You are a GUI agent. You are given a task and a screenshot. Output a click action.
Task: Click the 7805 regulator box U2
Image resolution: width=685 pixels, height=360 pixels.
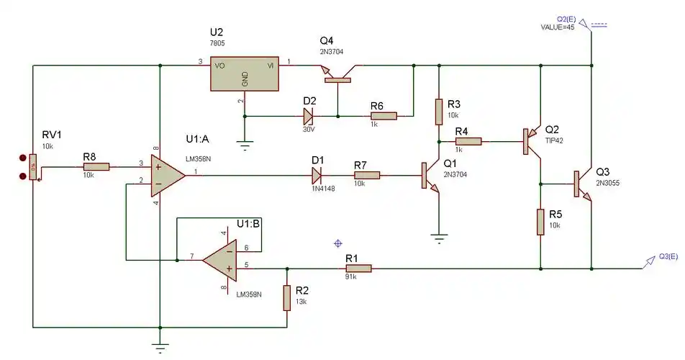(245, 74)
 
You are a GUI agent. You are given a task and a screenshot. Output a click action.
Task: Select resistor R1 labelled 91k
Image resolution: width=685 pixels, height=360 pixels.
(358, 269)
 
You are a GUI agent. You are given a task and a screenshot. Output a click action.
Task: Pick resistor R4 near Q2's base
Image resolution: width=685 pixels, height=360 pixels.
(468, 142)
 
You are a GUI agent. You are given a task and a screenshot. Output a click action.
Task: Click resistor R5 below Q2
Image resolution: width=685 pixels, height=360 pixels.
(540, 222)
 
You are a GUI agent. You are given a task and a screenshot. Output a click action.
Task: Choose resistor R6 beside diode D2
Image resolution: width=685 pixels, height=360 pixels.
(384, 115)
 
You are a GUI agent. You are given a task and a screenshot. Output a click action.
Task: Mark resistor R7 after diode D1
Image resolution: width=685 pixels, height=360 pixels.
(367, 174)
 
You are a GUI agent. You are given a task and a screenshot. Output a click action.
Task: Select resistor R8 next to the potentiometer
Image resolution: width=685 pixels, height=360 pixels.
(96, 166)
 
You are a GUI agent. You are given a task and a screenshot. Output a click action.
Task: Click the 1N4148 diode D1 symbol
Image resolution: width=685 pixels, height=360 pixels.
(317, 174)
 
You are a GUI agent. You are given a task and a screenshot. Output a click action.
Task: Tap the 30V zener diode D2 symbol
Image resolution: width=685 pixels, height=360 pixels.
(309, 115)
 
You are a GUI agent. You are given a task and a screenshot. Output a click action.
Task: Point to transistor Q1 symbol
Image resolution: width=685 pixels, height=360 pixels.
(430, 176)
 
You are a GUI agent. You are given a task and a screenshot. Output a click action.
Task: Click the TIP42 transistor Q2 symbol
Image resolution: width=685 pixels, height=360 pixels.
(531, 142)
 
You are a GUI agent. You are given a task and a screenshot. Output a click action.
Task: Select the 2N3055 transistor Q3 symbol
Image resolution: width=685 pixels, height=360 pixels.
(581, 184)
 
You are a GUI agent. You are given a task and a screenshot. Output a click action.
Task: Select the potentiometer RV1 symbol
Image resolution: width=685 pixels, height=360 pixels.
(32, 167)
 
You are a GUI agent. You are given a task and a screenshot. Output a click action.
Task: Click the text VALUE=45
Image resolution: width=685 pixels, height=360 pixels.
(558, 27)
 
